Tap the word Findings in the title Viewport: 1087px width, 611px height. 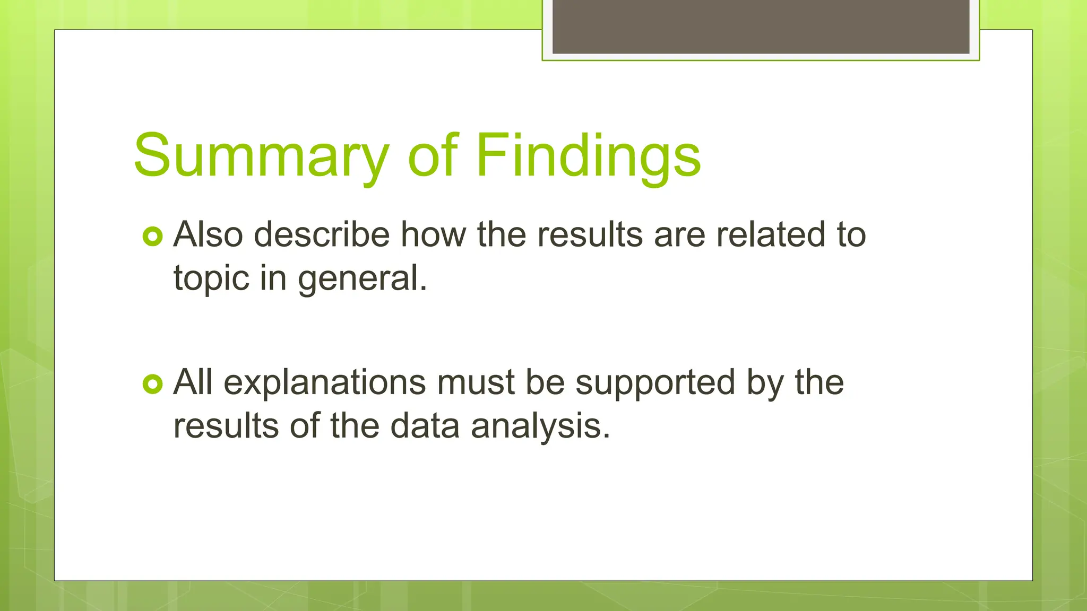(588, 156)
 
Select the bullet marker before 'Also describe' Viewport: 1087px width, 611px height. (152, 237)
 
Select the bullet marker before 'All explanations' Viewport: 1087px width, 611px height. (152, 384)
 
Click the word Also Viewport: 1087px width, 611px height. (208, 234)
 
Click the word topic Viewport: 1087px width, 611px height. (211, 278)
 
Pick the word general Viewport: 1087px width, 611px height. (363, 278)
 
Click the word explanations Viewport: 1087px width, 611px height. (324, 383)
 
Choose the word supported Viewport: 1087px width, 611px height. (655, 383)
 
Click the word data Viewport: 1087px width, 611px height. (425, 426)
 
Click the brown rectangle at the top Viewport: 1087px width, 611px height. (761, 27)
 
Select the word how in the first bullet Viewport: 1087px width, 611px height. (433, 234)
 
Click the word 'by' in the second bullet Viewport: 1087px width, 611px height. (765, 383)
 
